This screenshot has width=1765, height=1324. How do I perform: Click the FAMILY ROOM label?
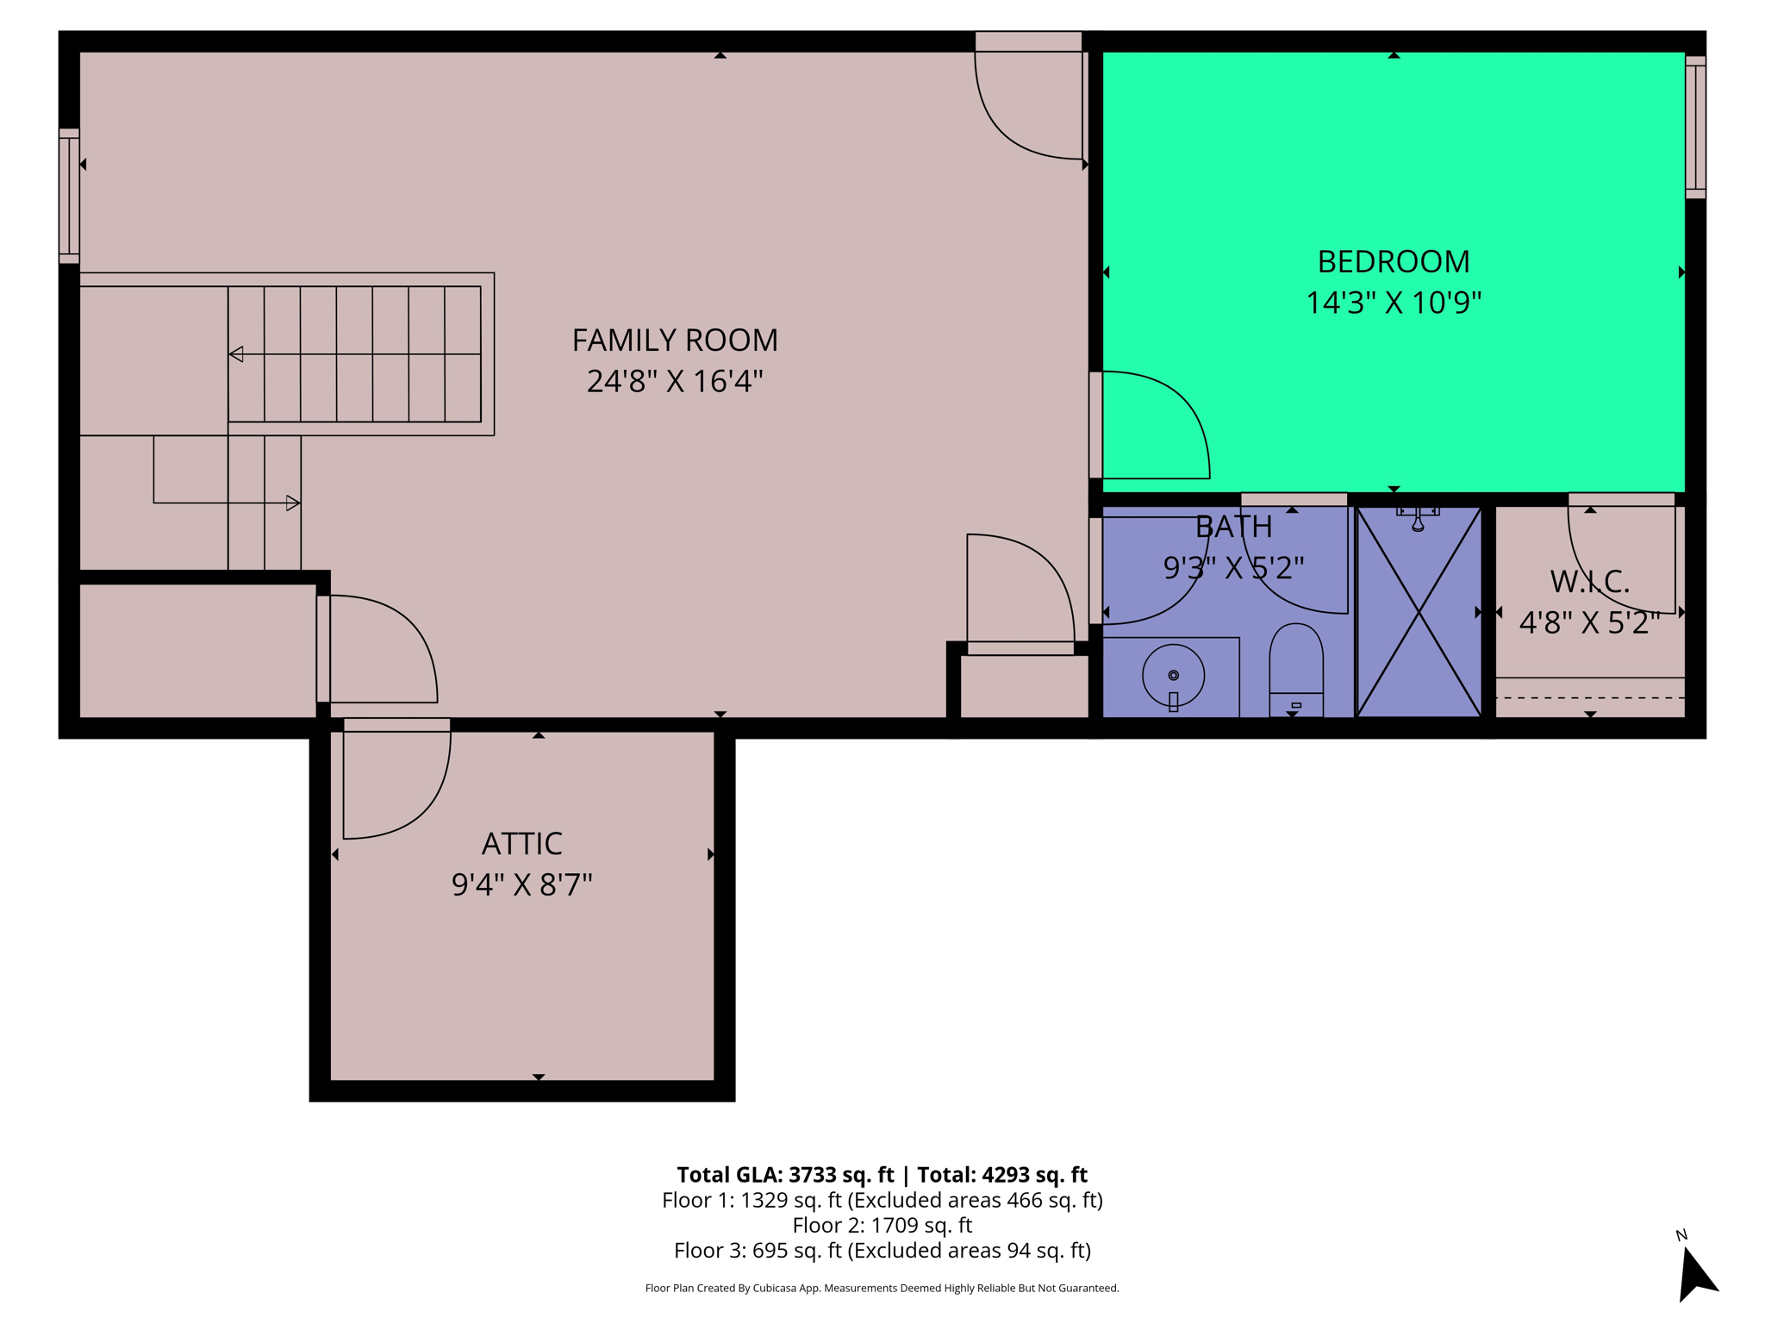click(675, 340)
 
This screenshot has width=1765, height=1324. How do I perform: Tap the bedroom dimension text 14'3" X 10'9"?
click(1393, 303)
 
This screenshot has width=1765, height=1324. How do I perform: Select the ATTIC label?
click(521, 843)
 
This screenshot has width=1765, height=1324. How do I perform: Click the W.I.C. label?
click(1589, 582)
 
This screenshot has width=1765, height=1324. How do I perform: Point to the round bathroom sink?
click(1173, 675)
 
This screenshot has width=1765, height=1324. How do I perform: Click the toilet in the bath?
click(1295, 668)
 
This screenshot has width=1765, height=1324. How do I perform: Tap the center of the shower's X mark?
click(1419, 612)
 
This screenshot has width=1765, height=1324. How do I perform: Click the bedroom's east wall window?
click(1695, 128)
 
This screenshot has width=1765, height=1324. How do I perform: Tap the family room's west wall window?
click(69, 196)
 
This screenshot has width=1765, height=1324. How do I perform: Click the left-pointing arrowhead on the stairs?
click(236, 354)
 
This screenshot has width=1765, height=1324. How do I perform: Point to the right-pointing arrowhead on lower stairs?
click(293, 503)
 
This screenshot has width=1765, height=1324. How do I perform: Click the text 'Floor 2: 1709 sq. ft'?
click(882, 1225)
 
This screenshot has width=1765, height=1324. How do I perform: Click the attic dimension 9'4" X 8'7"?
click(521, 884)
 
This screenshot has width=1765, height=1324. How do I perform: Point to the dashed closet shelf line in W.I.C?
click(1589, 697)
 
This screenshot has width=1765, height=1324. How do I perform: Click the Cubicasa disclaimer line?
click(882, 1288)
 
